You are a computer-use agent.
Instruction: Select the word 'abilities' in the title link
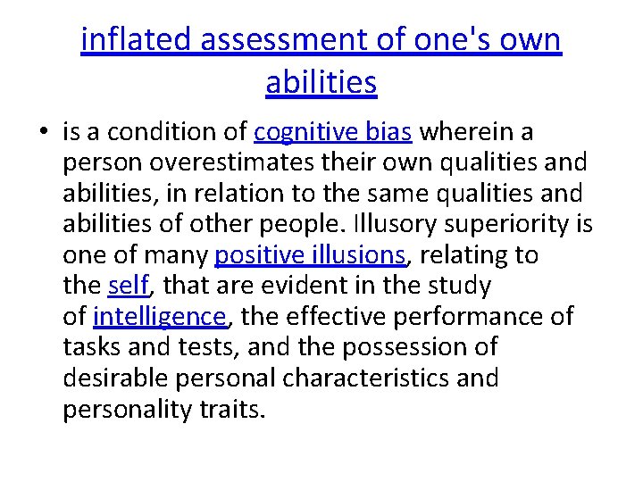tap(321, 82)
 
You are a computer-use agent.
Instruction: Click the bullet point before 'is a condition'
tap(43, 134)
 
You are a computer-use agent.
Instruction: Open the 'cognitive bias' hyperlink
tap(332, 133)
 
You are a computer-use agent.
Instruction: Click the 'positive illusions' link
tap(310, 255)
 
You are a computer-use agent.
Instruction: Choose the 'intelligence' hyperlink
tap(160, 316)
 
